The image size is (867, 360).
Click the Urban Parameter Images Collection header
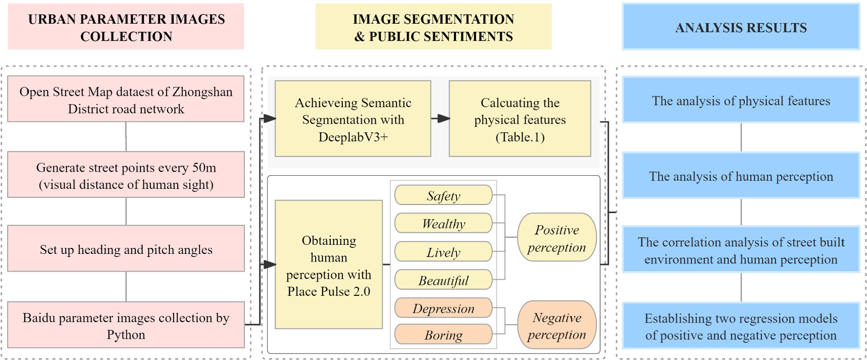tap(126, 27)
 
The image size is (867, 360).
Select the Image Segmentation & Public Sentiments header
tap(433, 27)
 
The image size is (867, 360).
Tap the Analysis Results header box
tap(741, 27)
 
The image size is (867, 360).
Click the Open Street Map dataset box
tap(126, 99)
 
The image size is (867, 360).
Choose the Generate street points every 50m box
tap(126, 175)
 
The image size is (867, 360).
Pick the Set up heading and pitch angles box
tap(126, 249)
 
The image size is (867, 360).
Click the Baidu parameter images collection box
tap(126, 325)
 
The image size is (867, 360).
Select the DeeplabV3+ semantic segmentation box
tap(353, 119)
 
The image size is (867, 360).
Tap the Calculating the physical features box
tap(520, 119)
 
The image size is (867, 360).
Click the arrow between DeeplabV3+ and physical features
tap(440, 119)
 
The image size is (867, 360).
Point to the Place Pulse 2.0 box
tap(329, 265)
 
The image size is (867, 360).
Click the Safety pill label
tap(443, 195)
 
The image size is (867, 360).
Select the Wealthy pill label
tap(443, 223)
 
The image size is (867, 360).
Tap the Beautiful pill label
tap(443, 280)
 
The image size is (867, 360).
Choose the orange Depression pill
tap(443, 308)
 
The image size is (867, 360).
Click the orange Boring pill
tap(443, 334)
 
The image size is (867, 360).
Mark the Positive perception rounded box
tap(556, 237)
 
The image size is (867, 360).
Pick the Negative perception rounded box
tap(556, 325)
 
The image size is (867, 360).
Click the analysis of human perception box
tap(741, 176)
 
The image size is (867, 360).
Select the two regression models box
tap(741, 326)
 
